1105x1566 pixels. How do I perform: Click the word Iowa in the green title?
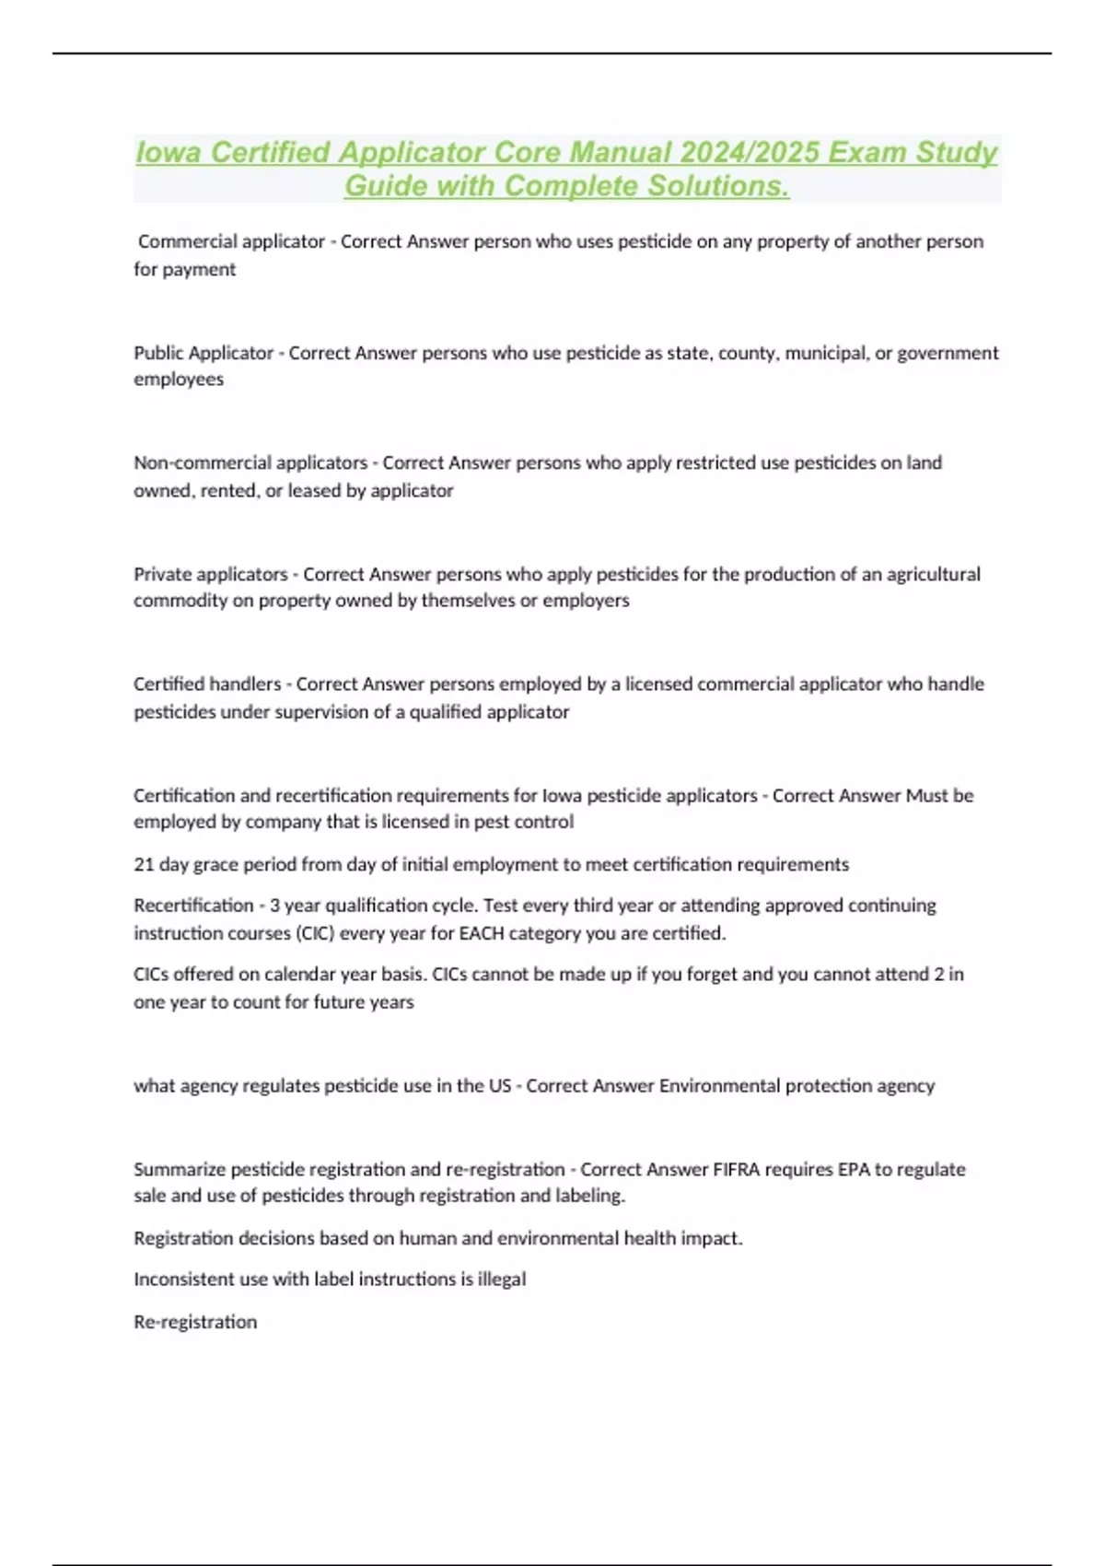[x=169, y=153]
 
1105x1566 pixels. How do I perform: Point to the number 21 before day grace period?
[x=144, y=865]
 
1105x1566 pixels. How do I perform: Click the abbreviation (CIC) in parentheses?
[x=314, y=933]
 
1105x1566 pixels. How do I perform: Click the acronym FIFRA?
[x=739, y=1170]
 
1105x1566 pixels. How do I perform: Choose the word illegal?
[x=502, y=1280]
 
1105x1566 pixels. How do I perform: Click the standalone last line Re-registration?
[x=195, y=1322]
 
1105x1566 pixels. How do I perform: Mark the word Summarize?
[x=180, y=1170]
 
